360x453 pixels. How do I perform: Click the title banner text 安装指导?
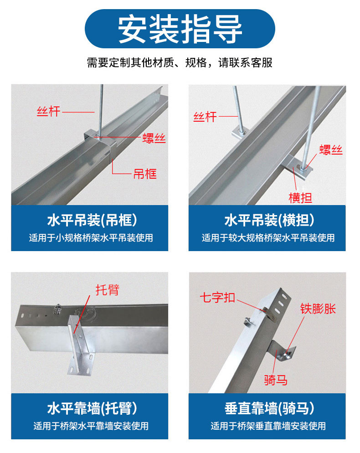pos(180,29)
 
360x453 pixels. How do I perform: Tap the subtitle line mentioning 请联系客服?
pos(180,62)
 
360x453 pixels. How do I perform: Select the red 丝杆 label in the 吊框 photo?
pos(49,111)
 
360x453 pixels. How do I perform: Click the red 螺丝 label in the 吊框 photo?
pos(154,137)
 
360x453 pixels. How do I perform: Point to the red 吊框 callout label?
pos(145,174)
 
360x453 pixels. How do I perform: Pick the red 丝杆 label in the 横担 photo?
pos(205,117)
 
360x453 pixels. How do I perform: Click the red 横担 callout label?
pos(301,197)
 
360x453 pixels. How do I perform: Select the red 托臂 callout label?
pos(108,289)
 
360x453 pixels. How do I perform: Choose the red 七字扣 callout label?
pos(217,298)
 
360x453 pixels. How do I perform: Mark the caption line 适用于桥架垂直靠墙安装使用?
pos(268,426)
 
